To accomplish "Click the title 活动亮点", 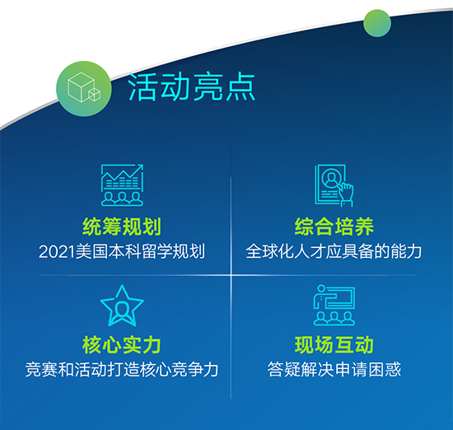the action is pyautogui.click(x=191, y=87).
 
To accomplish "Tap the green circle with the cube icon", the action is pyautogui.click(x=84, y=89).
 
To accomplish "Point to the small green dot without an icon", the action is pyautogui.click(x=377, y=23).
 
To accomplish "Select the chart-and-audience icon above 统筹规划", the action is pyautogui.click(x=122, y=185).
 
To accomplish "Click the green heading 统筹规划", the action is pyautogui.click(x=122, y=227).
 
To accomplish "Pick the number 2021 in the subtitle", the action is pyautogui.click(x=57, y=252).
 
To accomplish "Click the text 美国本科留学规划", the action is pyautogui.click(x=140, y=251).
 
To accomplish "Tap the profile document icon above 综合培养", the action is pyautogui.click(x=334, y=185).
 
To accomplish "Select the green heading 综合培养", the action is pyautogui.click(x=334, y=227).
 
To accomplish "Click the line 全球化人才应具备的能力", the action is pyautogui.click(x=334, y=251).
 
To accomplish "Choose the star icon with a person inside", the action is pyautogui.click(x=122, y=306).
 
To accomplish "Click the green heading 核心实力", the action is pyautogui.click(x=122, y=345).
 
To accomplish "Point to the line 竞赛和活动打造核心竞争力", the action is pyautogui.click(x=122, y=369).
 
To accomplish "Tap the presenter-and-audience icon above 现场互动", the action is pyautogui.click(x=334, y=305).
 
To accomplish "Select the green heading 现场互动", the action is pyautogui.click(x=334, y=345).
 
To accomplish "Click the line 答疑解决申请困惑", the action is pyautogui.click(x=334, y=369).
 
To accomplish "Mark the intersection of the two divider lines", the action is pyautogui.click(x=231, y=275).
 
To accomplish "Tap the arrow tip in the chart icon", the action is pyautogui.click(x=142, y=166).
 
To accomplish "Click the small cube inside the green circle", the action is pyautogui.click(x=94, y=95).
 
